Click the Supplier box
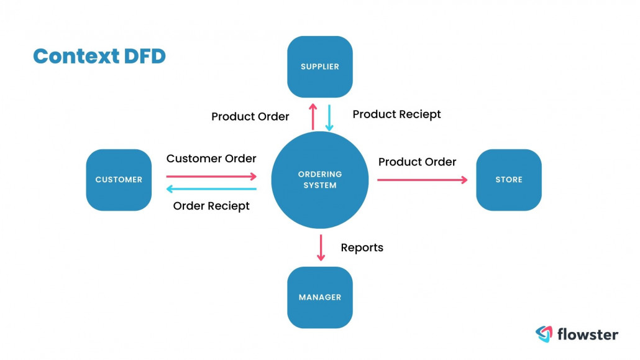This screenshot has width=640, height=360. (319, 67)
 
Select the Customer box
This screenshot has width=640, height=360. (119, 180)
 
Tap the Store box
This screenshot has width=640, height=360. (508, 180)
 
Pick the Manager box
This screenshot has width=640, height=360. (319, 297)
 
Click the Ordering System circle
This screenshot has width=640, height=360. (320, 180)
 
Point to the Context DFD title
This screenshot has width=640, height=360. (99, 57)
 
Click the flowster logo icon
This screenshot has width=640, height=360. (544, 334)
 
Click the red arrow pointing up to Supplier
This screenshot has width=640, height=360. (313, 116)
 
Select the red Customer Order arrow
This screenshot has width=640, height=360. (211, 177)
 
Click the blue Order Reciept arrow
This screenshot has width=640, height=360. (211, 190)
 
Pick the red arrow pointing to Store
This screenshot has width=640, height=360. (422, 180)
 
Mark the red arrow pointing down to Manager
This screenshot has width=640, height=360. (321, 247)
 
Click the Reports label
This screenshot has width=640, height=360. (362, 247)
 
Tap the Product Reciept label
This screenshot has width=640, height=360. (396, 114)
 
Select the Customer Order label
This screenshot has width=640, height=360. (211, 159)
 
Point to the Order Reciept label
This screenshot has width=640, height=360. (211, 206)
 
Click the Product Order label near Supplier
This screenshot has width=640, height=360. (250, 117)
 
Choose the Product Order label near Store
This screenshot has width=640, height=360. (417, 162)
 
